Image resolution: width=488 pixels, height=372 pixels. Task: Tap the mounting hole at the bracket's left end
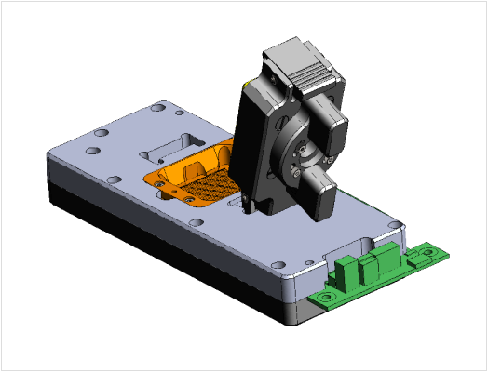click(327, 297)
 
